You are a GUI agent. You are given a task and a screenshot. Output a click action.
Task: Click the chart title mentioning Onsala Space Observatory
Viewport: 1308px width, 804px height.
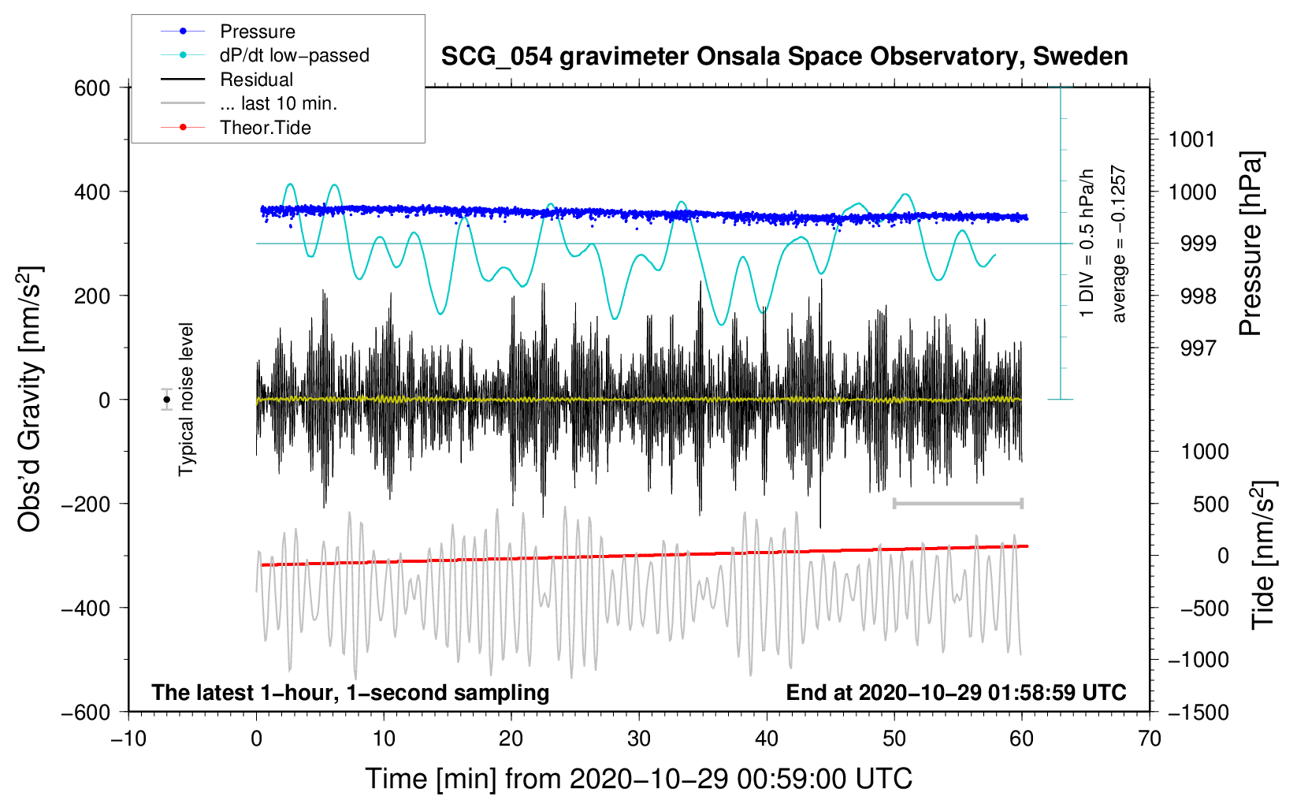point(784,57)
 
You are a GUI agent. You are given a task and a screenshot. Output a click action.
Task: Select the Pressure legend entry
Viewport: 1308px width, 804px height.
point(257,32)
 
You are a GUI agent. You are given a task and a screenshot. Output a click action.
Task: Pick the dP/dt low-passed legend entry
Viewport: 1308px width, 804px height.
point(294,55)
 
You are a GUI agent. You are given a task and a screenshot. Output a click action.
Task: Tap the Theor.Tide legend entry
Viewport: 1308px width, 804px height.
point(265,128)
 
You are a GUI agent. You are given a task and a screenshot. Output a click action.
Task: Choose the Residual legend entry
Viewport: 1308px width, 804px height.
point(256,80)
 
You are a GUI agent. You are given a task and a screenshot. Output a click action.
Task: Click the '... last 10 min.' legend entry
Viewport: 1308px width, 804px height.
point(278,103)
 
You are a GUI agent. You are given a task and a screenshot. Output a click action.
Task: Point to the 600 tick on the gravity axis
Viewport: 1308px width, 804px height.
point(92,88)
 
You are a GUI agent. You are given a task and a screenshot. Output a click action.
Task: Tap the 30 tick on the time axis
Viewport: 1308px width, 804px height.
point(639,739)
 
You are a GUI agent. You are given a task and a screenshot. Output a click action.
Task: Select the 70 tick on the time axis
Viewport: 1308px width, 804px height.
point(1150,739)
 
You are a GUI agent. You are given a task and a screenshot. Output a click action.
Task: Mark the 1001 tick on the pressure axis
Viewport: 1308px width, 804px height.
point(1192,140)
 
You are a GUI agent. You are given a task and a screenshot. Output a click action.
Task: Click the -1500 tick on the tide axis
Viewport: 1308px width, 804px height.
point(1198,713)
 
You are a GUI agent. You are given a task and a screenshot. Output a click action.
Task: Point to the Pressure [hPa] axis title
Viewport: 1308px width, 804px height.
point(1251,244)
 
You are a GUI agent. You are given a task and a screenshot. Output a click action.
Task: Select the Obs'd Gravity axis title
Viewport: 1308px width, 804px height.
point(30,399)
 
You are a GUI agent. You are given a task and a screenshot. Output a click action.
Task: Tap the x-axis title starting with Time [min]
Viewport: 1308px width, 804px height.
point(638,779)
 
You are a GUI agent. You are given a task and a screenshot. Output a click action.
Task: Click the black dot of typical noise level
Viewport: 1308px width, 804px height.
point(167,400)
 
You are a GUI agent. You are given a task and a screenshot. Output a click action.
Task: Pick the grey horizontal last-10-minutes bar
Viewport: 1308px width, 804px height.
point(957,503)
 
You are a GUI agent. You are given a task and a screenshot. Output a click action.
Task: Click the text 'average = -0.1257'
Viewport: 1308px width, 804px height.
point(1118,244)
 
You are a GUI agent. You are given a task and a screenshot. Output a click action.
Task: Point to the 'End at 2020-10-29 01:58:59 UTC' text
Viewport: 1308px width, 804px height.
point(956,693)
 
